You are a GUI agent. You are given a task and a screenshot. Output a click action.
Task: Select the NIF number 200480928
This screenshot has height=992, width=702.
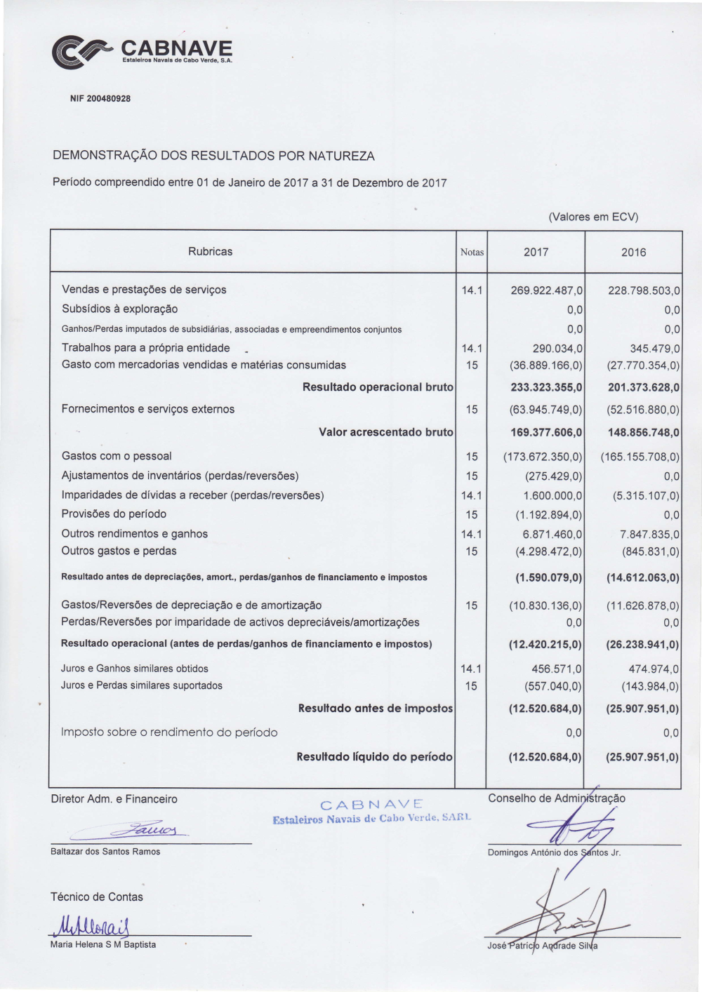pos(100,99)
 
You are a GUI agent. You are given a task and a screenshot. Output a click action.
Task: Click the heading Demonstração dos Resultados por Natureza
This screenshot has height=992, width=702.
pos(213,156)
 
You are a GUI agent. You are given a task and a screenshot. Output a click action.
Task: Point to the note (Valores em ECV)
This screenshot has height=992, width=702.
pos(593,217)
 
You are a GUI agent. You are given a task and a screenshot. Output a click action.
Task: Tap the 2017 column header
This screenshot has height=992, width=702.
pos(536,252)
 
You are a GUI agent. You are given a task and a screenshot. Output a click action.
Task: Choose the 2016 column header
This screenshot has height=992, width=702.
pos(633,252)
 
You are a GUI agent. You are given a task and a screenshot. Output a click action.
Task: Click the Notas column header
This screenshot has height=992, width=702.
pos(472,252)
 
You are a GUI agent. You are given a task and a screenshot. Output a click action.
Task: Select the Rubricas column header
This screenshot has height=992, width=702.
pos(210,251)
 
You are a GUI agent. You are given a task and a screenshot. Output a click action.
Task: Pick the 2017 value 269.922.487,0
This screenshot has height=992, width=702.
pos(547,290)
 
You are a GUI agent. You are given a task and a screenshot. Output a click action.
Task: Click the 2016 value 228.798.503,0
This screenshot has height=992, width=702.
pos(644,290)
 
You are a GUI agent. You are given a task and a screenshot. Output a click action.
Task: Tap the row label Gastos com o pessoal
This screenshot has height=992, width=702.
pos(117,456)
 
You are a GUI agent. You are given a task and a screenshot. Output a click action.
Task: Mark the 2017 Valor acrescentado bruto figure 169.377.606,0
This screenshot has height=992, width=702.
pos(546,433)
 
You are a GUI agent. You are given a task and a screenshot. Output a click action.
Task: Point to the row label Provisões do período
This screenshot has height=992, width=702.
pos(114,514)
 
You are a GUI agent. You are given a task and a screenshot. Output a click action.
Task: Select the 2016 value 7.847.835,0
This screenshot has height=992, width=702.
pos(650,535)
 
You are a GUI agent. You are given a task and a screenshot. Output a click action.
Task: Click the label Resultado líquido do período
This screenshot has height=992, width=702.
pos(374,757)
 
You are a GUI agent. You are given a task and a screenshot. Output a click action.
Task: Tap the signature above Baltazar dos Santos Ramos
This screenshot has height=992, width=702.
pos(154,829)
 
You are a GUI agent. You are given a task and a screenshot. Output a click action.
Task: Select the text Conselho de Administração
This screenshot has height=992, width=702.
pos(556,798)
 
